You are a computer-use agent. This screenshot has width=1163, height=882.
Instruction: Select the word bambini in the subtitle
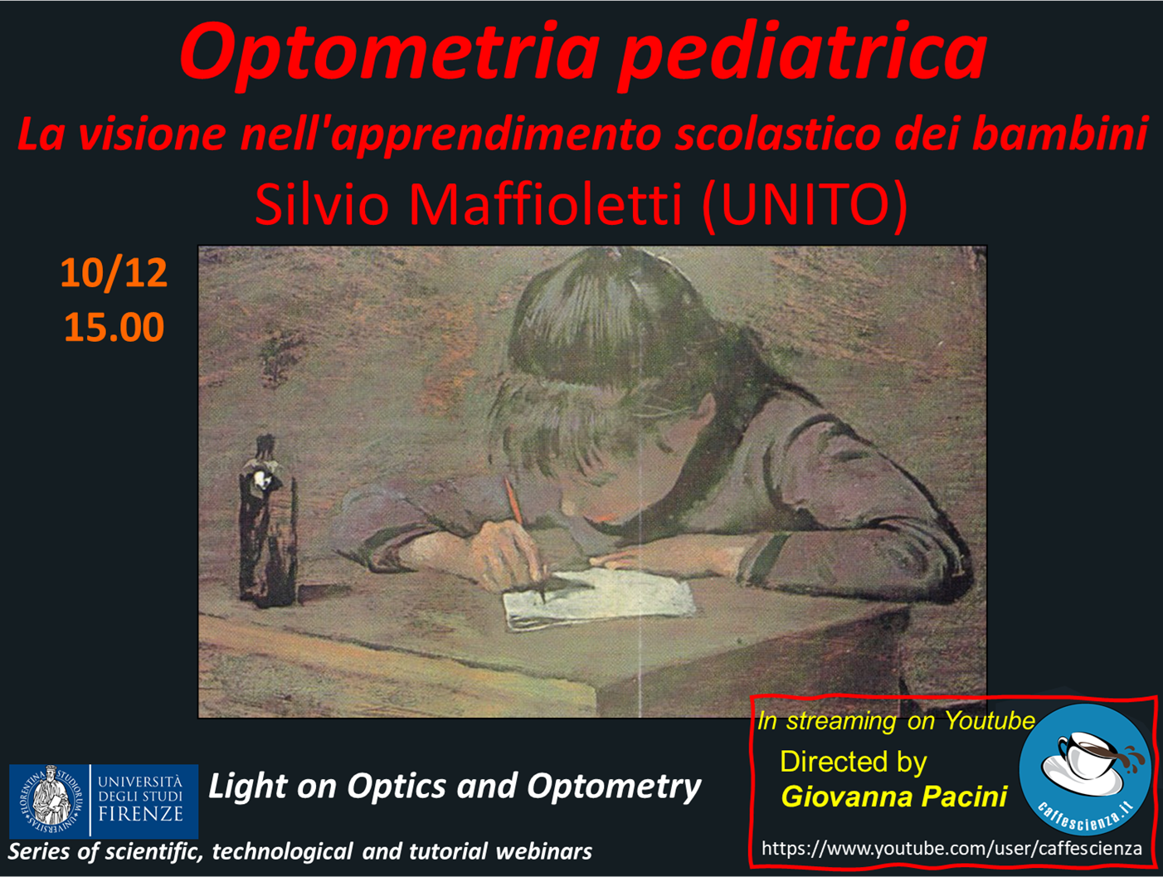(1061, 134)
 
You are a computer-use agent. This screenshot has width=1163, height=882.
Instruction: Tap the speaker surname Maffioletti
(545, 205)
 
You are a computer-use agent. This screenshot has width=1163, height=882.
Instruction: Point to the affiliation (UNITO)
(805, 207)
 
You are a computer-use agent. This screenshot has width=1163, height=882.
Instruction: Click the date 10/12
(114, 273)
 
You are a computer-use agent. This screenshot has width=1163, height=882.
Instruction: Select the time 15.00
(114, 327)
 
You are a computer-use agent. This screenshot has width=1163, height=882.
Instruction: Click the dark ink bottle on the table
(266, 522)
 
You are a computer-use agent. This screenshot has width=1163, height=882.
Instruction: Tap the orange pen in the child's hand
(513, 500)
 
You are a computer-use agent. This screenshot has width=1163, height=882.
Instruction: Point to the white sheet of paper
(599, 598)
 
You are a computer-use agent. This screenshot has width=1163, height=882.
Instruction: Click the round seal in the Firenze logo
(51, 801)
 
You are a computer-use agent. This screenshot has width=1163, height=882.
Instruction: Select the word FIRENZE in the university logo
(140, 814)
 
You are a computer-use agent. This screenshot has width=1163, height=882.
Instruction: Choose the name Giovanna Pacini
(894, 797)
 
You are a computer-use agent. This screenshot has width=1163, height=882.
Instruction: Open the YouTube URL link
(951, 849)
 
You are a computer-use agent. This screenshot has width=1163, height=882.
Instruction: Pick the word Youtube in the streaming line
(990, 721)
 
